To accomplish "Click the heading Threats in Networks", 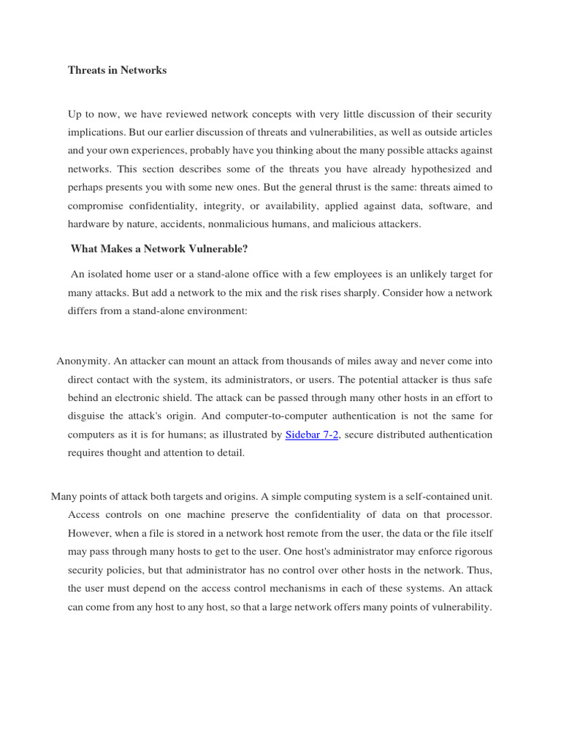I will click(x=117, y=71).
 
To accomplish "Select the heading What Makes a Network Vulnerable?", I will click(x=159, y=249).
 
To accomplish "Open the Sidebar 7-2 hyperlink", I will click(x=311, y=435).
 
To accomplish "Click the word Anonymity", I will click(x=83, y=362).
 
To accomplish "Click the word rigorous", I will click(x=471, y=552).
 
